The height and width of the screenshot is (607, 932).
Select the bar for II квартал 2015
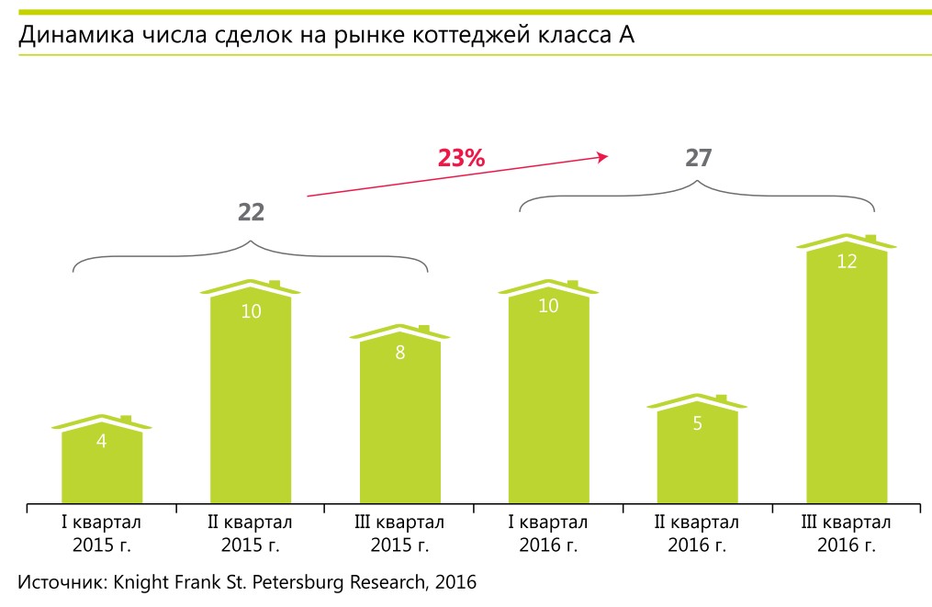[x=251, y=404]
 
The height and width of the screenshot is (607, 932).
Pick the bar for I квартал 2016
[x=548, y=404]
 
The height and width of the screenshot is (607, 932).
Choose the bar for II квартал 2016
[x=698, y=459]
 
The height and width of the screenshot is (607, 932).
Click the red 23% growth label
[x=460, y=158]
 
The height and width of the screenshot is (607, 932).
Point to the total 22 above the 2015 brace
[x=251, y=212]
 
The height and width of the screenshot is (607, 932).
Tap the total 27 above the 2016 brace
[x=699, y=158]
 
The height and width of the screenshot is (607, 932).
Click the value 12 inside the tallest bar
[x=847, y=261]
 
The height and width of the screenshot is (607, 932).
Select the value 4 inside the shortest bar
[x=102, y=441]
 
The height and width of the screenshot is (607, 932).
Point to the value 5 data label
[x=698, y=425]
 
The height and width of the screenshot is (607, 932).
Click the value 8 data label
[x=399, y=352]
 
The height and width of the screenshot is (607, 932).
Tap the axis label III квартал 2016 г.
[x=847, y=534]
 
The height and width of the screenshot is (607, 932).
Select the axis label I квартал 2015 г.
[x=102, y=534]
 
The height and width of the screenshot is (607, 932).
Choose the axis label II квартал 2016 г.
[x=698, y=534]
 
